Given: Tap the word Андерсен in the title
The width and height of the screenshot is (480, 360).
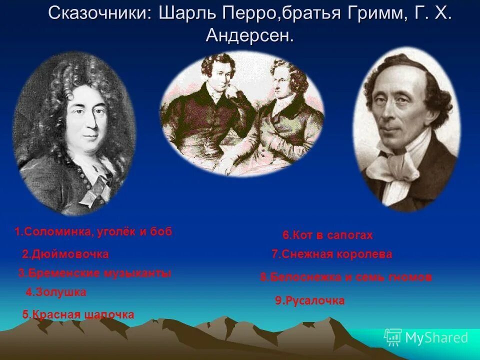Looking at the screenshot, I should tap(248, 35).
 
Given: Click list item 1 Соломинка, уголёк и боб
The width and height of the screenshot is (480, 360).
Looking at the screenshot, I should tap(93, 232).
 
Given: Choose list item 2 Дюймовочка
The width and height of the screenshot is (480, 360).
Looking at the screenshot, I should tap(65, 254).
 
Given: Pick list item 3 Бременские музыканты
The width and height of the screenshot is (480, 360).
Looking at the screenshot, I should tap(95, 273).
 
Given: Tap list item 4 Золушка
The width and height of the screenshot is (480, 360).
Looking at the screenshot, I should tap(56, 292).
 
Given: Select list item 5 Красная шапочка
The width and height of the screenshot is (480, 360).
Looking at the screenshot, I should tap(78, 314).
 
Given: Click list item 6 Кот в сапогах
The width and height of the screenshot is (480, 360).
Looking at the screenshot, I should tap(328, 235).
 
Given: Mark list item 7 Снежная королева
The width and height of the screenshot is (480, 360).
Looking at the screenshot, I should tap(332, 254).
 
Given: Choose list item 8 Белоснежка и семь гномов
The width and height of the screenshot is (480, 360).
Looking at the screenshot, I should tap(346, 277).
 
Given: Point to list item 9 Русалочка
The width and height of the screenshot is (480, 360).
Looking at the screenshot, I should tap(310, 300).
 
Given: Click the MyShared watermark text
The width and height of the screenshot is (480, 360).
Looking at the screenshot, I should tap(436, 338).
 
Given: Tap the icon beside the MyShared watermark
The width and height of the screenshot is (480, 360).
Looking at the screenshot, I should tap(393, 337).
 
